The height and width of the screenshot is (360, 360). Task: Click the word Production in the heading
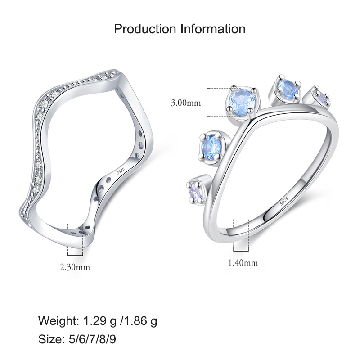(145, 29)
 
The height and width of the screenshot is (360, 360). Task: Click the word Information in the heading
(213, 29)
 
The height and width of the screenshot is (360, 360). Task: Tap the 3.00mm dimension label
(186, 103)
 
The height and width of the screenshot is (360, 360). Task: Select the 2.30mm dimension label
(75, 267)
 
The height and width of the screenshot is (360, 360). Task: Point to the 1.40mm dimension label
(243, 262)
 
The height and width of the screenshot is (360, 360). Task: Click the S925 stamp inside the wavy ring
(121, 171)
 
